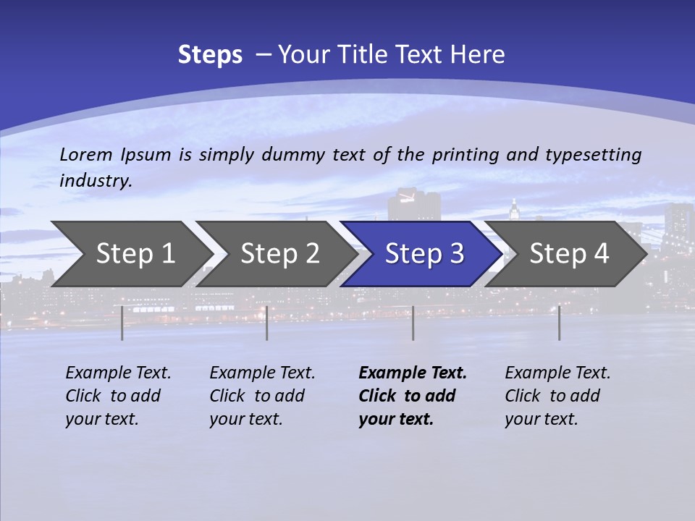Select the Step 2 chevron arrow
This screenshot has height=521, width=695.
279,254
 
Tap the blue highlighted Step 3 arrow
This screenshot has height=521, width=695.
424,254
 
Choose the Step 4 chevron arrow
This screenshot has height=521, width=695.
569,254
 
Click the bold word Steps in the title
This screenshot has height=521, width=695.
210,55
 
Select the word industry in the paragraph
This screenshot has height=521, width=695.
96,180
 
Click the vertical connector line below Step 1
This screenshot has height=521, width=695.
122,323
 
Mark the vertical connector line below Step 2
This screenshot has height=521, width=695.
267,323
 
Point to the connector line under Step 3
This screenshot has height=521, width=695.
413,323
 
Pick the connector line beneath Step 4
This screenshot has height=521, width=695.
560,323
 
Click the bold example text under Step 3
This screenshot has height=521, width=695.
413,396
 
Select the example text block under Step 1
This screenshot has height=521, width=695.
118,396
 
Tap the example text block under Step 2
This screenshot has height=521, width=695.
262,396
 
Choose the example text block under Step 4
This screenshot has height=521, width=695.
557,396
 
